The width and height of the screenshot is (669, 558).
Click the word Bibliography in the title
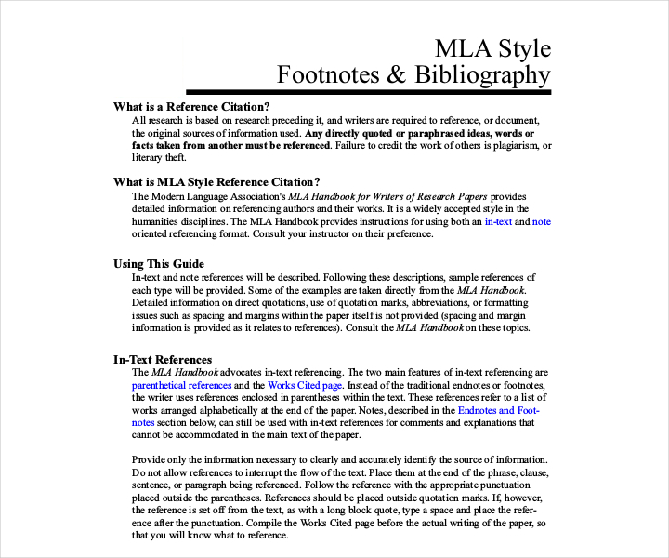(477, 74)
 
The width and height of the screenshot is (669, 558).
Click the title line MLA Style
(492, 48)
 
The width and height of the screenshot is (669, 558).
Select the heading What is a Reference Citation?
(191, 106)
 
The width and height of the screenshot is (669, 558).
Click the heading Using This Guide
(159, 264)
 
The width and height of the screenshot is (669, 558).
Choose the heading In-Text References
(163, 359)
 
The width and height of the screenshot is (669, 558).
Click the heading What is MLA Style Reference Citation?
(216, 182)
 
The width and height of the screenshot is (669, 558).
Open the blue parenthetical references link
(181, 385)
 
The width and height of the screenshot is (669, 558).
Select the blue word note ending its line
(541, 222)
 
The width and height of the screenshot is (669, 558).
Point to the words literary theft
(156, 158)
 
